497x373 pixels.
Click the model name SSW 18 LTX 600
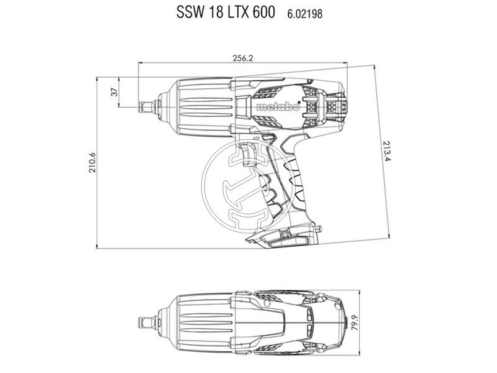(225, 13)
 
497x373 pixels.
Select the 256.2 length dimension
(243, 57)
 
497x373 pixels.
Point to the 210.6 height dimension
(93, 162)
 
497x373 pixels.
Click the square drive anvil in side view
(147, 107)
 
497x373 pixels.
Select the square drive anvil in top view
(147, 323)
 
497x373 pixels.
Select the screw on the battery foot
(283, 234)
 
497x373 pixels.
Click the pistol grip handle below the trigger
(298, 186)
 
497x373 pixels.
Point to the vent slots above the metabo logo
(264, 94)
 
